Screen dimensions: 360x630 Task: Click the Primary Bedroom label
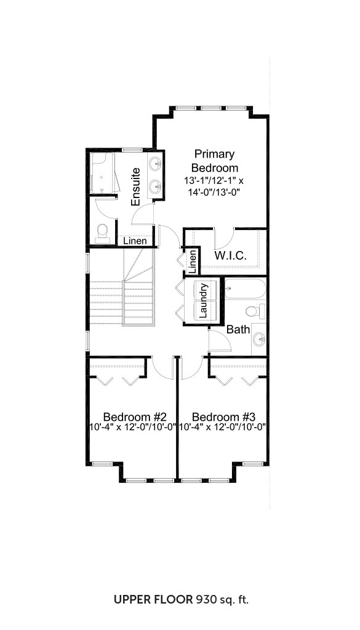pyautogui.click(x=215, y=161)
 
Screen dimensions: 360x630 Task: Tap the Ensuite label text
pyautogui.click(x=136, y=186)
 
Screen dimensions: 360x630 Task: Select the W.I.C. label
pyautogui.click(x=230, y=255)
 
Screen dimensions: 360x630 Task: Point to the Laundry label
pyautogui.click(x=203, y=300)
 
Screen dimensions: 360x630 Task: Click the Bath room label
pyautogui.click(x=238, y=330)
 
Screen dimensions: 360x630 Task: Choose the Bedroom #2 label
pyautogui.click(x=132, y=416)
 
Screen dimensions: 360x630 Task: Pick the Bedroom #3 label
pyautogui.click(x=224, y=416)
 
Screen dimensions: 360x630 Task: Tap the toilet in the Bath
pyautogui.click(x=255, y=311)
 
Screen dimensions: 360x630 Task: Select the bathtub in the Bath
pyautogui.click(x=245, y=289)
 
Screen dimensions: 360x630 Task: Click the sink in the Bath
pyautogui.click(x=259, y=340)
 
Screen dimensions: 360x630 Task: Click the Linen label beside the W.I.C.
pyautogui.click(x=193, y=260)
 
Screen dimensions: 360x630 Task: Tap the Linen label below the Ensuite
pyautogui.click(x=134, y=241)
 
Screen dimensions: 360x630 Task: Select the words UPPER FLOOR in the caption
pyautogui.click(x=153, y=600)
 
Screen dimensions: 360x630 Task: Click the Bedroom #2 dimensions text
pyautogui.click(x=132, y=427)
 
